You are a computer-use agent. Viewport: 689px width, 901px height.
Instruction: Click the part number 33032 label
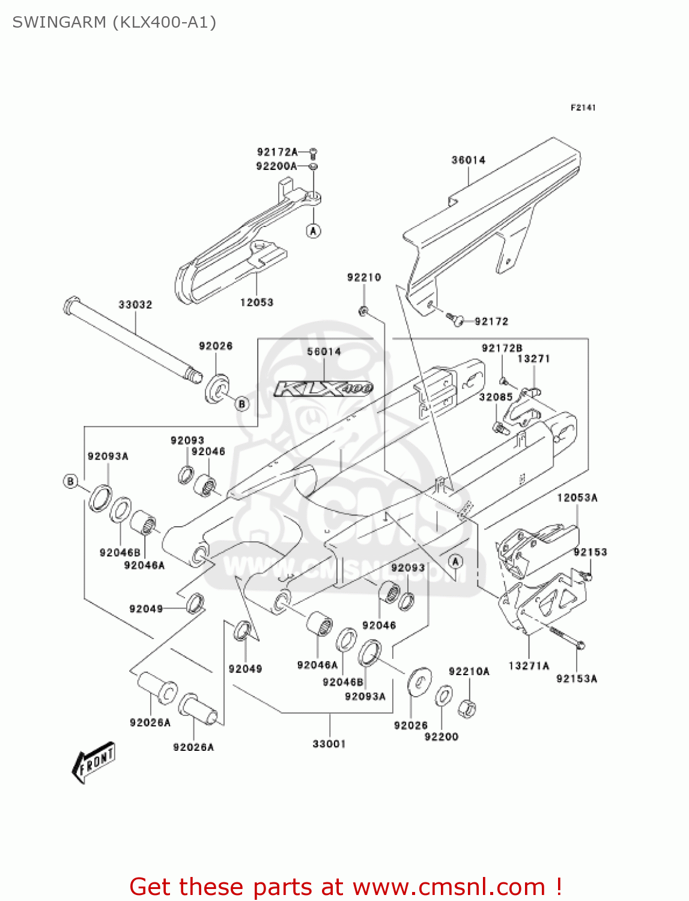click(x=135, y=305)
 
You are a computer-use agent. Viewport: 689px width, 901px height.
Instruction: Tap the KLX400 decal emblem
click(x=324, y=389)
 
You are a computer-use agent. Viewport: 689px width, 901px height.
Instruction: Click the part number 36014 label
click(x=468, y=160)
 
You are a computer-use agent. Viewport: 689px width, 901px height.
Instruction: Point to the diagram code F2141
click(x=583, y=108)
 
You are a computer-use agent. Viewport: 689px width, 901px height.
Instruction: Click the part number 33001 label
click(x=329, y=744)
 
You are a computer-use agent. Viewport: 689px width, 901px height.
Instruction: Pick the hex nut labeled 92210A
click(x=467, y=709)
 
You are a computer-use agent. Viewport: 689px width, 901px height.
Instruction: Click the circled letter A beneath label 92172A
click(x=313, y=231)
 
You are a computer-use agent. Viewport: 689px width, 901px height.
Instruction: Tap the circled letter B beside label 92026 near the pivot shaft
click(x=242, y=404)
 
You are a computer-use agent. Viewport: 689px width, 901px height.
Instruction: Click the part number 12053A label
click(x=577, y=497)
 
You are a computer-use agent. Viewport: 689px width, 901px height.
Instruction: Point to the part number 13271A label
click(x=529, y=666)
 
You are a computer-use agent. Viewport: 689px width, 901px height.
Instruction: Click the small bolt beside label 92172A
click(x=313, y=153)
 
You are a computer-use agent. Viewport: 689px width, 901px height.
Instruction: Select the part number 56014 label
click(x=324, y=351)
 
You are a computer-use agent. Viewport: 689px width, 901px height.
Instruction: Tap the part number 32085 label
click(x=496, y=397)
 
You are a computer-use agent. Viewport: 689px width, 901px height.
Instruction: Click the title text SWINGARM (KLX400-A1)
click(x=114, y=22)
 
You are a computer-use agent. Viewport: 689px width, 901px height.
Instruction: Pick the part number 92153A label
click(x=576, y=679)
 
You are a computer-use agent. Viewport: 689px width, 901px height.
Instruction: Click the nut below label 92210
click(x=363, y=311)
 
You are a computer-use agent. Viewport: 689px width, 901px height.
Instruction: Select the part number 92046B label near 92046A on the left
click(x=120, y=553)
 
